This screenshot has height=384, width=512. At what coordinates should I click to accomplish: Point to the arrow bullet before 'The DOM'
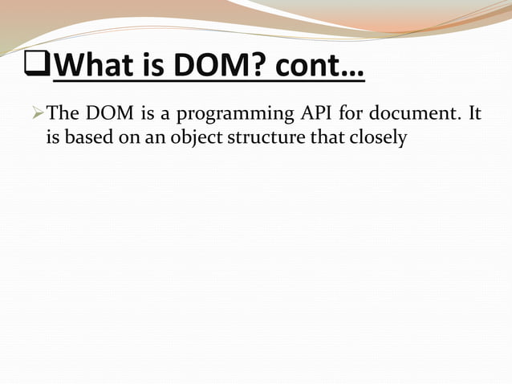[x=39, y=115]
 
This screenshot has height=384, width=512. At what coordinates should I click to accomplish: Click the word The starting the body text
[x=63, y=115]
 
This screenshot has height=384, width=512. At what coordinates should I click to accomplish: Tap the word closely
[x=376, y=139]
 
